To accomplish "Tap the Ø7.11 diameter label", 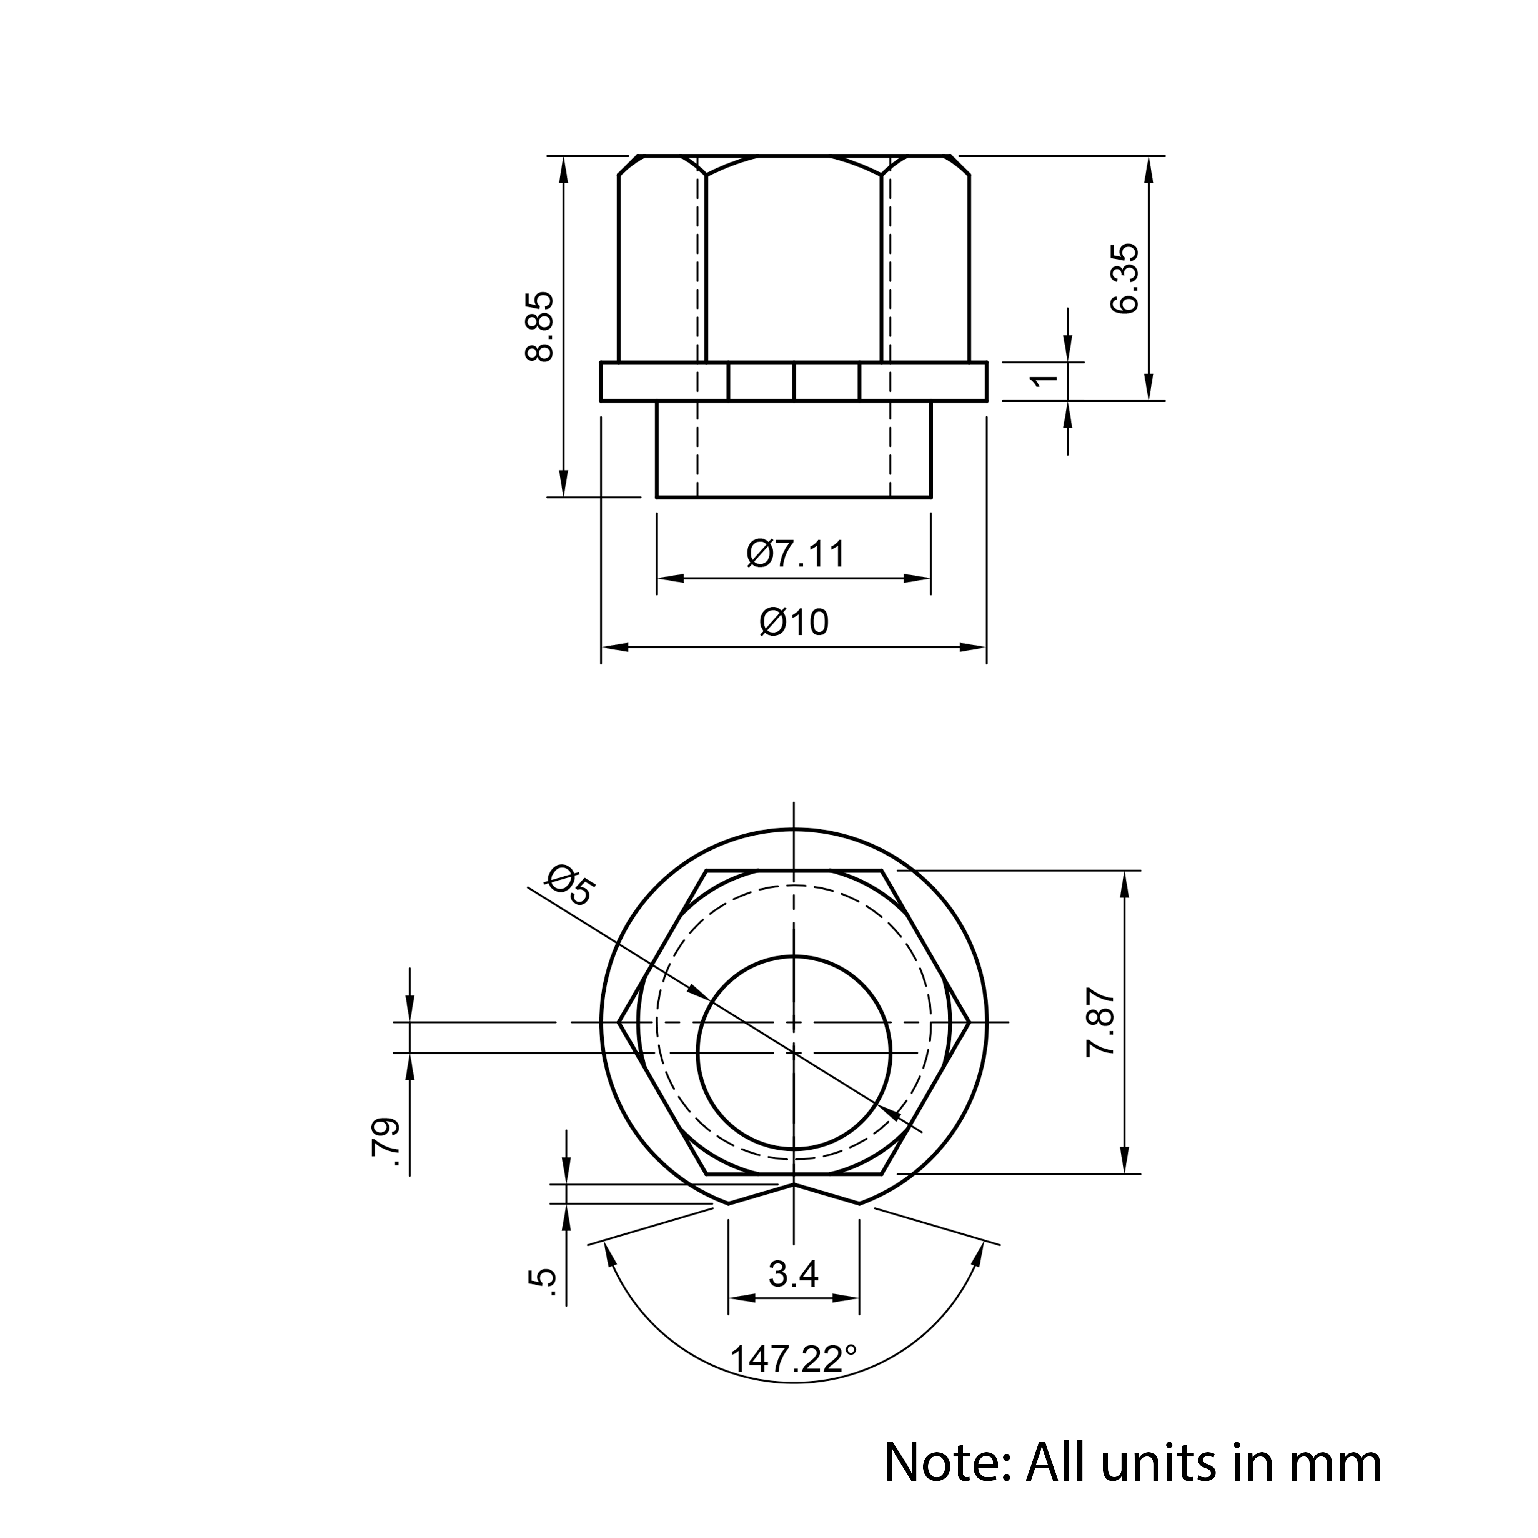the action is [x=795, y=553].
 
